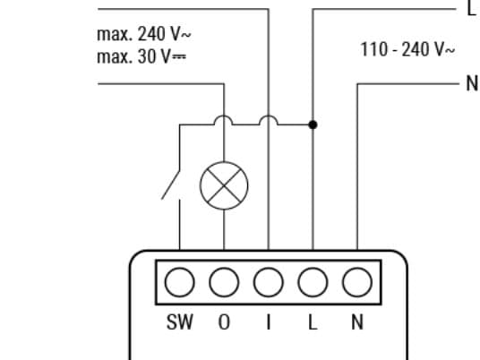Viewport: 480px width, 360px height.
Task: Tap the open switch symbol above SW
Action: (x=171, y=184)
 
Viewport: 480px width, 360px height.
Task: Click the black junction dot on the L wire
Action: (x=313, y=124)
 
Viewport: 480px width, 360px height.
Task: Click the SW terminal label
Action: (x=180, y=322)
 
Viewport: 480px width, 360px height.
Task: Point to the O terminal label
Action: (x=224, y=322)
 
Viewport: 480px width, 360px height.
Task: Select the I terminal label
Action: (x=269, y=322)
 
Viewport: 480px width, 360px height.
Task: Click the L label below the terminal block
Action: (x=313, y=322)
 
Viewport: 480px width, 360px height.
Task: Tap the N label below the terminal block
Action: (x=357, y=322)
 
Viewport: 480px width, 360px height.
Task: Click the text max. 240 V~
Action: (x=144, y=34)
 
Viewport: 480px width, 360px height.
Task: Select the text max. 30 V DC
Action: (x=141, y=56)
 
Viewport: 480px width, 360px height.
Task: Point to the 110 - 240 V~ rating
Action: (x=407, y=49)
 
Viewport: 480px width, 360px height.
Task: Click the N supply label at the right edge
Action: (x=472, y=83)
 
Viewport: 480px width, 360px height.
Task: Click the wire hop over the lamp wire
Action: (x=224, y=116)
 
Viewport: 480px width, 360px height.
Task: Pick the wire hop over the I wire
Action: (x=269, y=116)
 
